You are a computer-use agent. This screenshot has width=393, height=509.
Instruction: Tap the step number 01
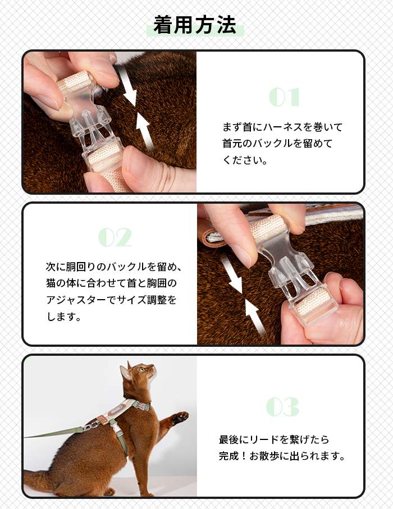(x=284, y=97)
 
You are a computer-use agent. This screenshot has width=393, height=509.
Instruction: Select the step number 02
(x=115, y=237)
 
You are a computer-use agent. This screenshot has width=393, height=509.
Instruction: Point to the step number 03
(x=282, y=407)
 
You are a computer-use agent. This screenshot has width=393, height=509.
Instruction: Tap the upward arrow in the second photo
(x=256, y=317)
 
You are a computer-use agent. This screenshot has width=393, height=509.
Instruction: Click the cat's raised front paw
(x=179, y=418)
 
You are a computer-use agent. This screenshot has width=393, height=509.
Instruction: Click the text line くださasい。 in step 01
(x=245, y=159)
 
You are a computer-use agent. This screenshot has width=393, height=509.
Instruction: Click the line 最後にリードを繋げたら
(x=274, y=439)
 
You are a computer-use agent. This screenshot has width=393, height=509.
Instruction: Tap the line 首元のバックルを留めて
(x=278, y=143)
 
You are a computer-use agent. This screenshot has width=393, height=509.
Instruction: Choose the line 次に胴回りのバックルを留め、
(x=114, y=266)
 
